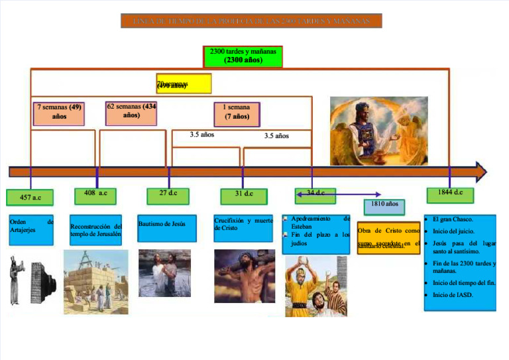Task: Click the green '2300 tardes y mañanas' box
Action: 243,56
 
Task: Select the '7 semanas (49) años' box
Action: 59,113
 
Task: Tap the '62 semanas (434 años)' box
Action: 131,112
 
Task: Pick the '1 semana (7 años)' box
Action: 237,113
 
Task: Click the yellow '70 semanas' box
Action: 184,84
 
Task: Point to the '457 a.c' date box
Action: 30,198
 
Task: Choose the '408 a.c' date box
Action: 95,194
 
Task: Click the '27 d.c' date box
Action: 168,195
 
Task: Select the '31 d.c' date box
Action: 243,195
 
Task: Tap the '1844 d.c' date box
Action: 450,194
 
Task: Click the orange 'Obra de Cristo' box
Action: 388,237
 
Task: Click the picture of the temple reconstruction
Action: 95,282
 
